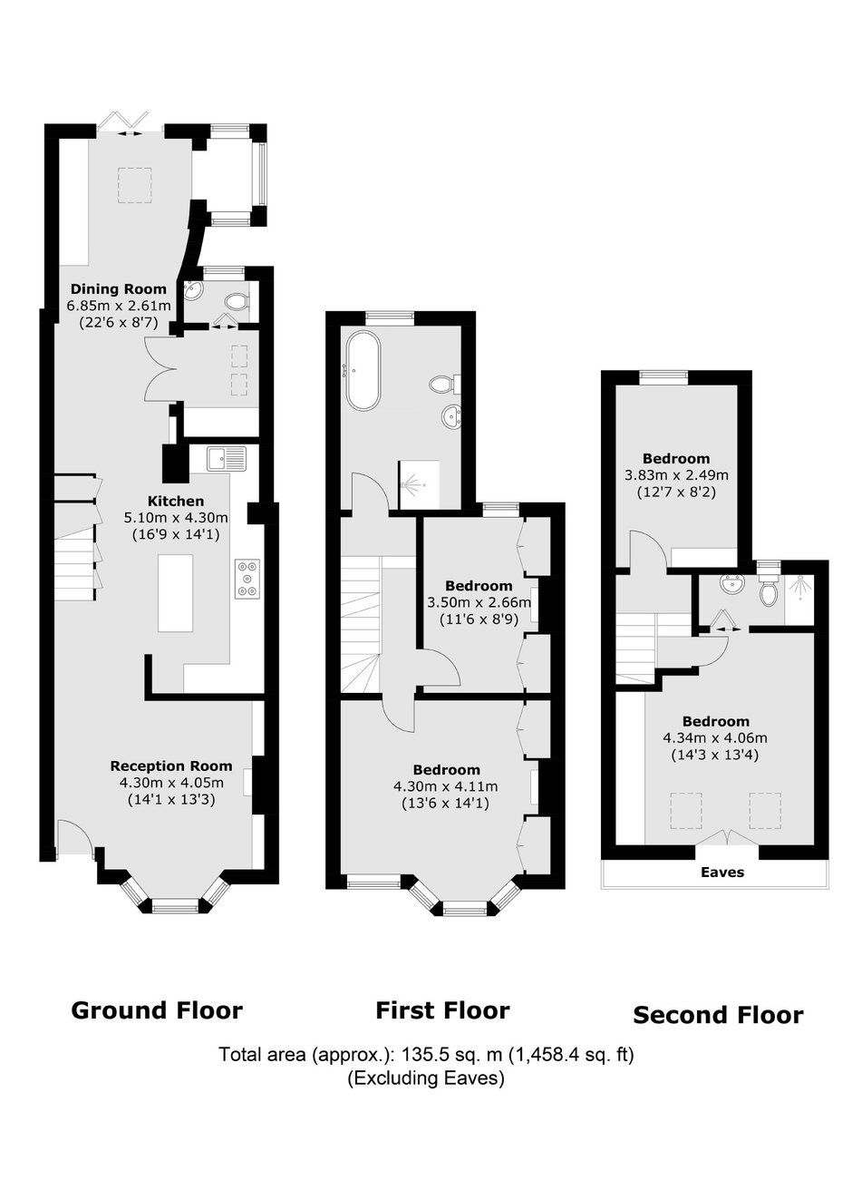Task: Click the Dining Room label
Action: (x=119, y=288)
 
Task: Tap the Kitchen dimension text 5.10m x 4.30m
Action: (x=176, y=517)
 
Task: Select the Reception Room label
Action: (x=171, y=766)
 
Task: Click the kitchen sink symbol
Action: (x=227, y=458)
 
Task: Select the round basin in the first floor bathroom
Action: (x=451, y=416)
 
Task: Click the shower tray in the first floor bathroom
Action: (x=419, y=485)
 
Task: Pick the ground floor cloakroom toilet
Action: (x=237, y=302)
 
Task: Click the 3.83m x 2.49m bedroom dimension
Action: (x=677, y=475)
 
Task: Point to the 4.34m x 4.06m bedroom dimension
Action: (x=715, y=737)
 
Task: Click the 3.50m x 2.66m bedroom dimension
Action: (x=479, y=602)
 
